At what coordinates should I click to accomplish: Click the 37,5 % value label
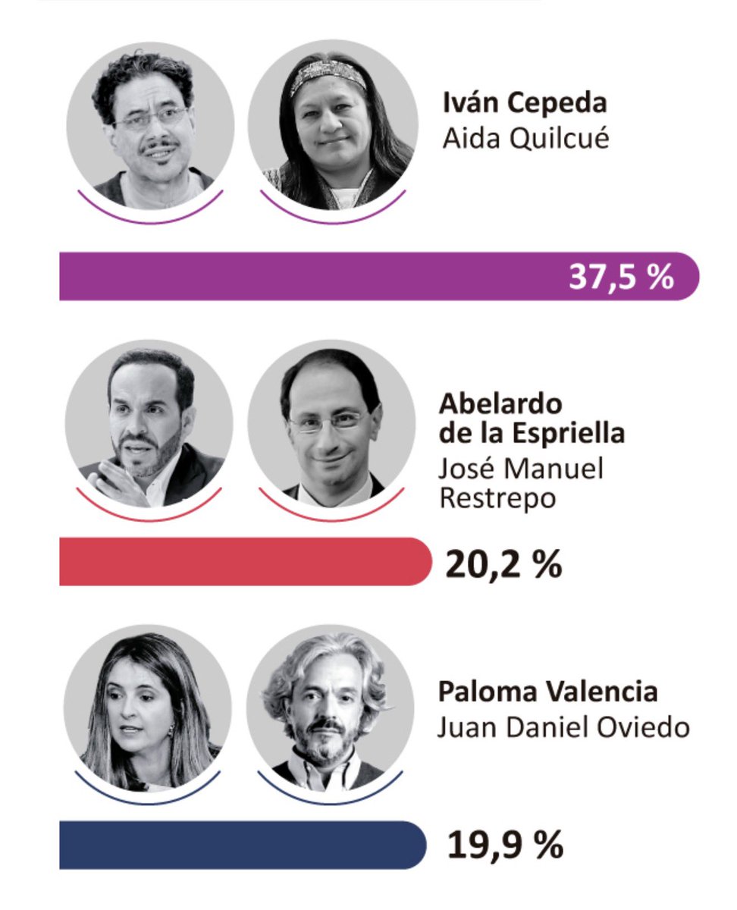tap(621, 277)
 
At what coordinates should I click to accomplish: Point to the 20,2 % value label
tap(503, 563)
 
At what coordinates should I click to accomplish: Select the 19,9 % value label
tap(503, 846)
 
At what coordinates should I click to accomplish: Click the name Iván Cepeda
tap(525, 104)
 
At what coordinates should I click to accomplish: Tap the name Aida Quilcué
tap(525, 140)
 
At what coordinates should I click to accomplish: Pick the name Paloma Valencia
tap(547, 692)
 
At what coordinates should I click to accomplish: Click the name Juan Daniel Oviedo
tap(563, 727)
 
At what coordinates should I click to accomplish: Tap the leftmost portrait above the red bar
tap(149, 425)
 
